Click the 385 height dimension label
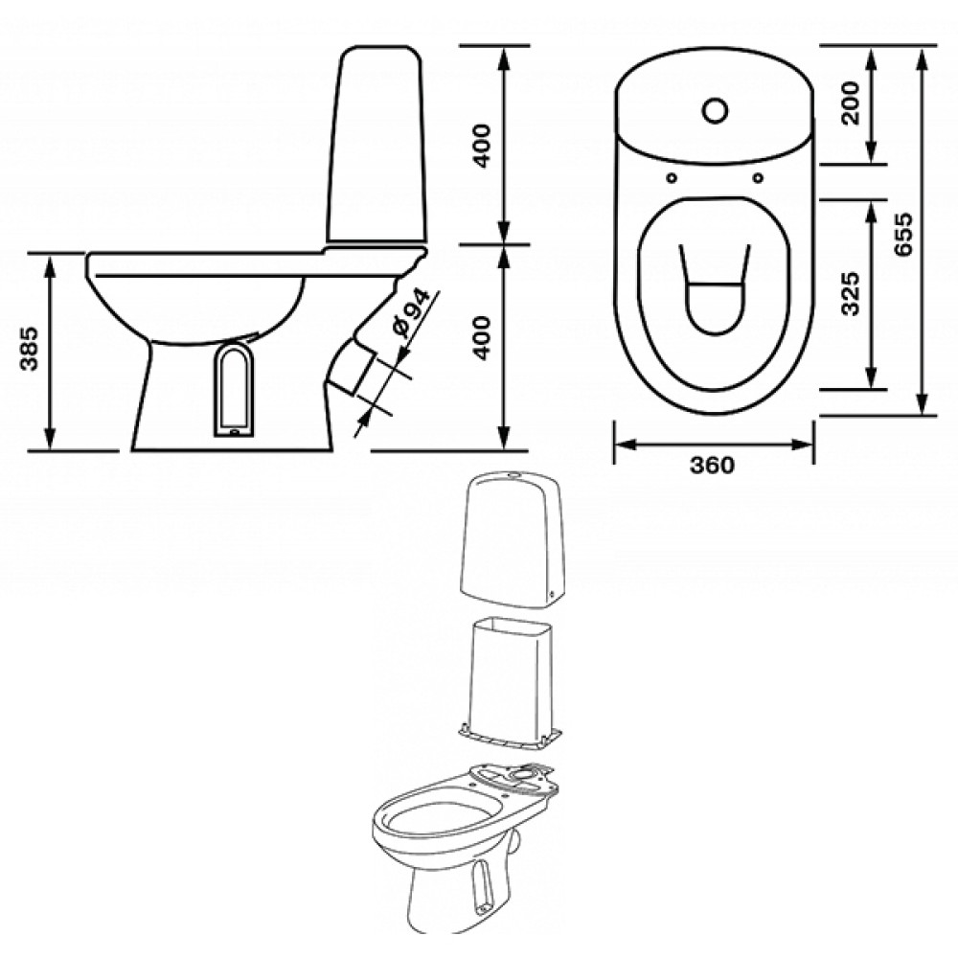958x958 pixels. pyautogui.click(x=30, y=349)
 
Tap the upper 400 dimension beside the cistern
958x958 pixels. pyautogui.click(x=483, y=146)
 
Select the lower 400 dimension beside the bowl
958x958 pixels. pyautogui.click(x=483, y=338)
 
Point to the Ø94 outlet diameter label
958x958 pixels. pyautogui.click(x=412, y=313)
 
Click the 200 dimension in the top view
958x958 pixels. pyautogui.click(x=850, y=103)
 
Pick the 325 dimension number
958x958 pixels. pyautogui.click(x=850, y=294)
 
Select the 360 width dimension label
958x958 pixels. pyautogui.click(x=713, y=466)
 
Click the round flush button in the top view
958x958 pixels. pyautogui.click(x=715, y=110)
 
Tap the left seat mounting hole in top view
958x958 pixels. pyautogui.click(x=672, y=178)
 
